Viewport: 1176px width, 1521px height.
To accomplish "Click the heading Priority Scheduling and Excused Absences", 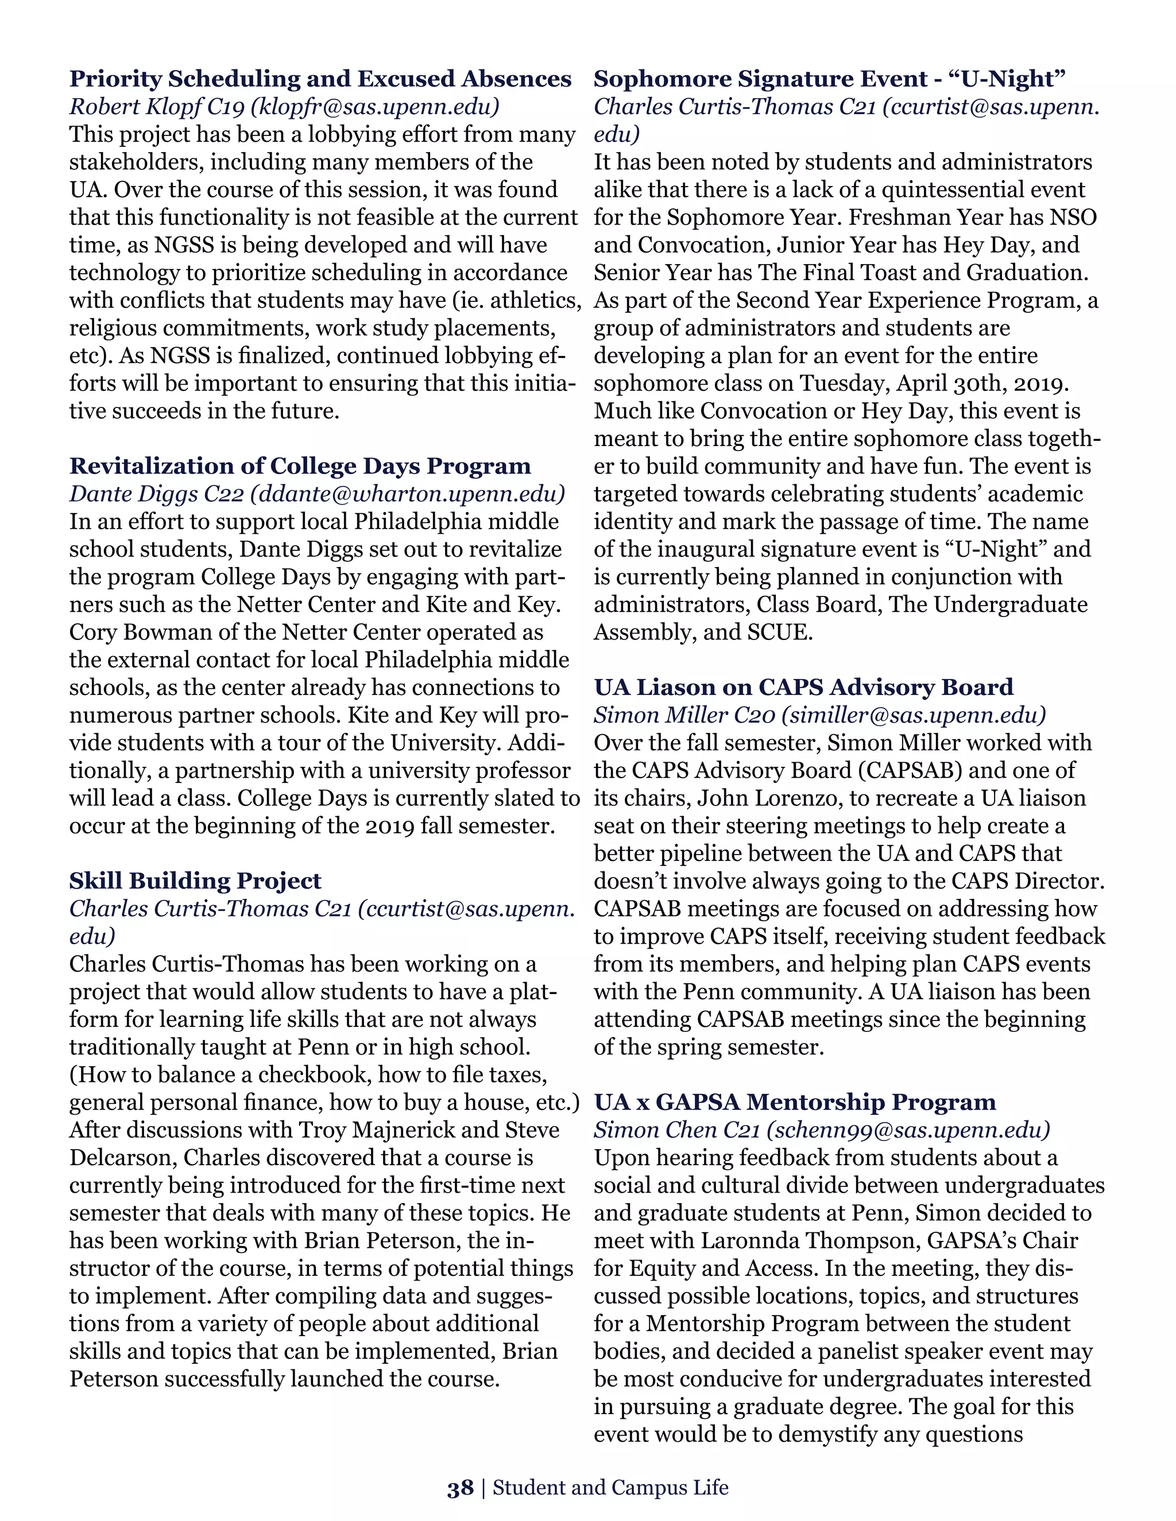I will [320, 79].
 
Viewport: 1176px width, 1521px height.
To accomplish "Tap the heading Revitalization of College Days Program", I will [300, 465].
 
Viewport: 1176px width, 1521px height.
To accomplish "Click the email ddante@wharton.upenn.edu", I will [408, 494].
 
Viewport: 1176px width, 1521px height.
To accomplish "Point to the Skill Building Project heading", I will [195, 880].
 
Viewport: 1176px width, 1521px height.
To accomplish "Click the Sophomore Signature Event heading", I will [829, 79].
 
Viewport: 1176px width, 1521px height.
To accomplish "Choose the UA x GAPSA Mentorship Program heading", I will [795, 1102].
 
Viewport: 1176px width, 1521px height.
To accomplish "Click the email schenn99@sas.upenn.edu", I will [908, 1130].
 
